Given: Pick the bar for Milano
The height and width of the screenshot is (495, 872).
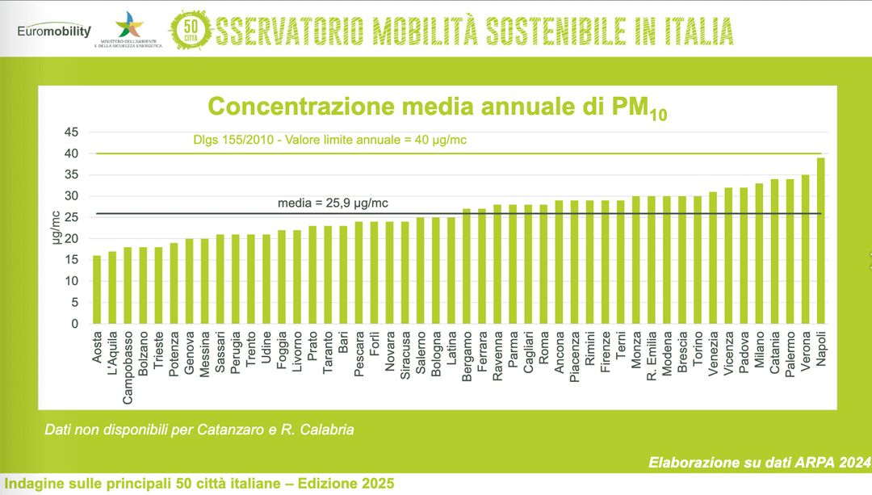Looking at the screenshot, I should click(x=759, y=254).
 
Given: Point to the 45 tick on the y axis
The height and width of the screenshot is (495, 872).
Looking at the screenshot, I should click(x=72, y=132).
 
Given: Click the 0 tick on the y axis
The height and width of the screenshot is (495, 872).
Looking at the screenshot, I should click(x=75, y=324).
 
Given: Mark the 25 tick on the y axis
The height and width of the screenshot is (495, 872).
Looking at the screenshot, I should click(x=72, y=217).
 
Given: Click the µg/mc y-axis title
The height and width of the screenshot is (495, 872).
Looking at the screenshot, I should click(x=57, y=228).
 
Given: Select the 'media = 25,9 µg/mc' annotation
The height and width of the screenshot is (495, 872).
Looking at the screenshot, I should click(x=338, y=203).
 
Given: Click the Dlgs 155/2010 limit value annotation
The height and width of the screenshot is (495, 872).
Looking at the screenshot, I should click(x=330, y=141).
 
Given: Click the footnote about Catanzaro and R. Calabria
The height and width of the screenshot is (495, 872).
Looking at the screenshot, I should click(x=199, y=430).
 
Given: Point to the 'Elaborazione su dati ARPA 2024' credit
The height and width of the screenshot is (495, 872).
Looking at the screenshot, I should click(x=758, y=463).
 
